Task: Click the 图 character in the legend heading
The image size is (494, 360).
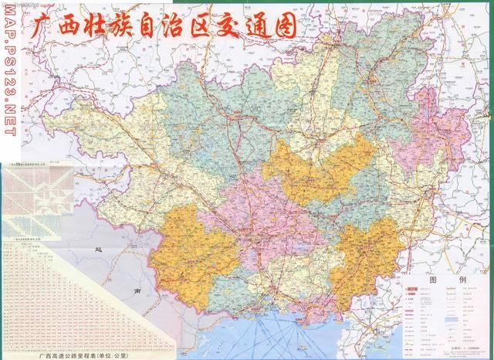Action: coord(433,279)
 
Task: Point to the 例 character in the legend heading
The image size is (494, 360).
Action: coord(462,279)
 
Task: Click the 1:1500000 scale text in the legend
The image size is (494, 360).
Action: coord(467,348)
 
